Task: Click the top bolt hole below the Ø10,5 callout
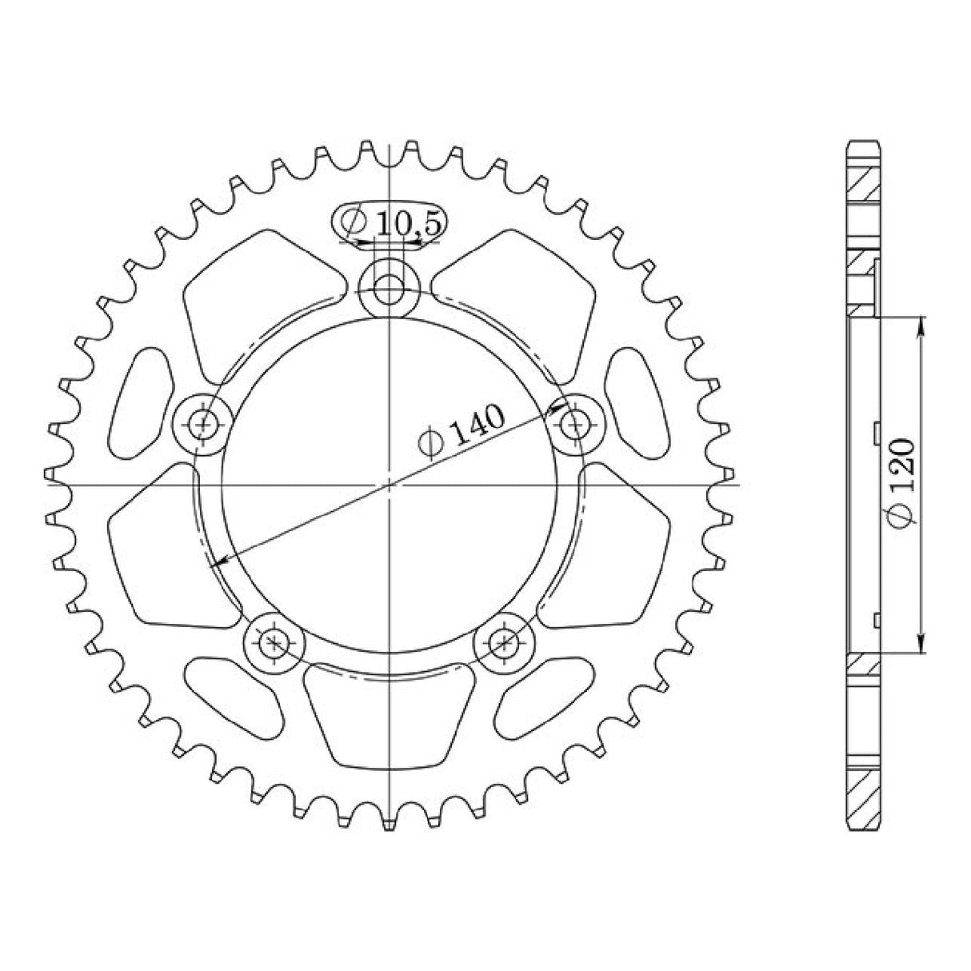389,289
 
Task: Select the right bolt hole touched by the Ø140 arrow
574,424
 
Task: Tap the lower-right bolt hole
504,641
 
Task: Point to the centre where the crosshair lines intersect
389,484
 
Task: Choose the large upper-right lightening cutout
520,304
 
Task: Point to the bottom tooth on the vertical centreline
389,824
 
